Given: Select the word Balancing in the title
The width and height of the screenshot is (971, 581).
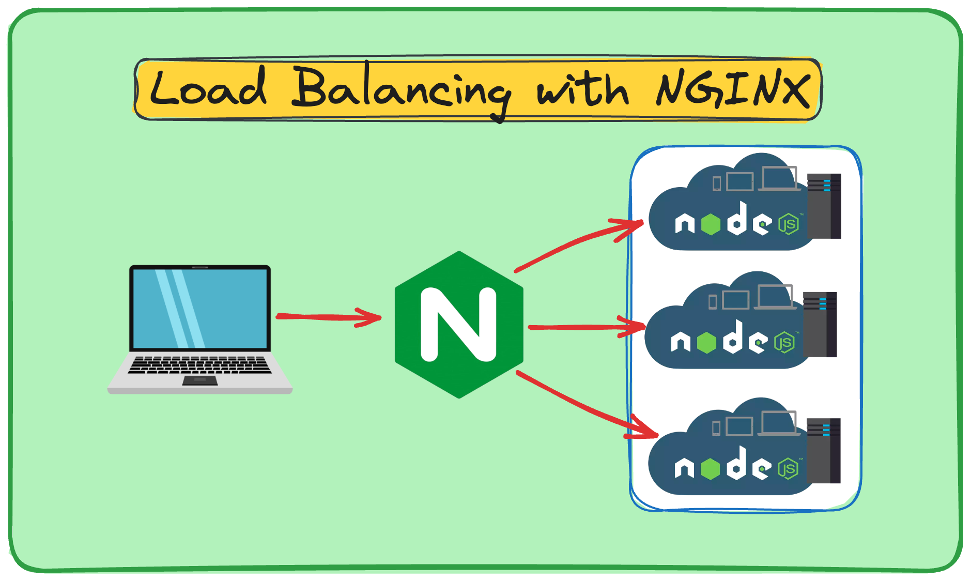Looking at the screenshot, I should click(x=400, y=90).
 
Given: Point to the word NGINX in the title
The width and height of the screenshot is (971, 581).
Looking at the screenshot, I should click(x=732, y=89).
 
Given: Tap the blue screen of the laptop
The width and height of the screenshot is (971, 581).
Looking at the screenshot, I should click(x=200, y=309).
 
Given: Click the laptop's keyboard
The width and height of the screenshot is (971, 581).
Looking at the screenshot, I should click(x=199, y=364).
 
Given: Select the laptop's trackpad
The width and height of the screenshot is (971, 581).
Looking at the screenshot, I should click(x=200, y=380).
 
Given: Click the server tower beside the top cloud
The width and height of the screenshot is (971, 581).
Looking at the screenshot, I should click(x=824, y=206).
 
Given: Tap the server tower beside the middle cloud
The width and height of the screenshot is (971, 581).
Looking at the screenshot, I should click(x=820, y=324).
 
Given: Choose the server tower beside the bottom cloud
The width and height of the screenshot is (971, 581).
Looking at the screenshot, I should click(x=824, y=450).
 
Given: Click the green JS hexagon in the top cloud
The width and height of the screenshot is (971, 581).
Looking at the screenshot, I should click(x=789, y=224).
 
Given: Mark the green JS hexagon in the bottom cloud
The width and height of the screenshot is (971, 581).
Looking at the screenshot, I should click(x=788, y=469).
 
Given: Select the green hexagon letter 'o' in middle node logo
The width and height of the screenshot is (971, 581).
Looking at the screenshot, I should click(x=706, y=342).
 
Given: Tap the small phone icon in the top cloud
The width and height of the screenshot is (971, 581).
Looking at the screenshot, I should click(x=717, y=184).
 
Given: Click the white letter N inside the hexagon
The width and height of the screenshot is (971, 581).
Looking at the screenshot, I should click(x=459, y=324).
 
